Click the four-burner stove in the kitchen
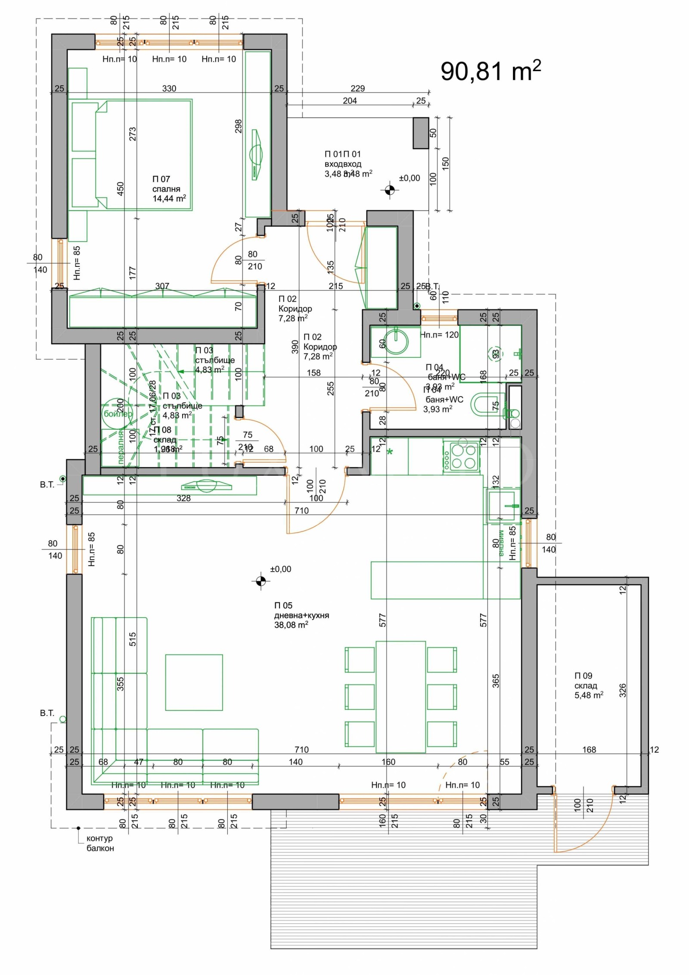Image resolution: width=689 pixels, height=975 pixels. [461, 456]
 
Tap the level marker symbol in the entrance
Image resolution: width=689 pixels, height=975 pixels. [390, 190]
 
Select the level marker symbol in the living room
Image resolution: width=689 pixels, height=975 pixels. [260, 581]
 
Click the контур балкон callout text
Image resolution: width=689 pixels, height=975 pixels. [100, 843]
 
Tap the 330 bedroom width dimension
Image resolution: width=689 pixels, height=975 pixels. [169, 88]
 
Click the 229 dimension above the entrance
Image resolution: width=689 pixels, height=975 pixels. [357, 88]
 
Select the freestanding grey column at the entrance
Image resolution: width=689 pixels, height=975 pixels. [421, 133]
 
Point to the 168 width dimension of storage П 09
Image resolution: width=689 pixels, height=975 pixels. [589, 750]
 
